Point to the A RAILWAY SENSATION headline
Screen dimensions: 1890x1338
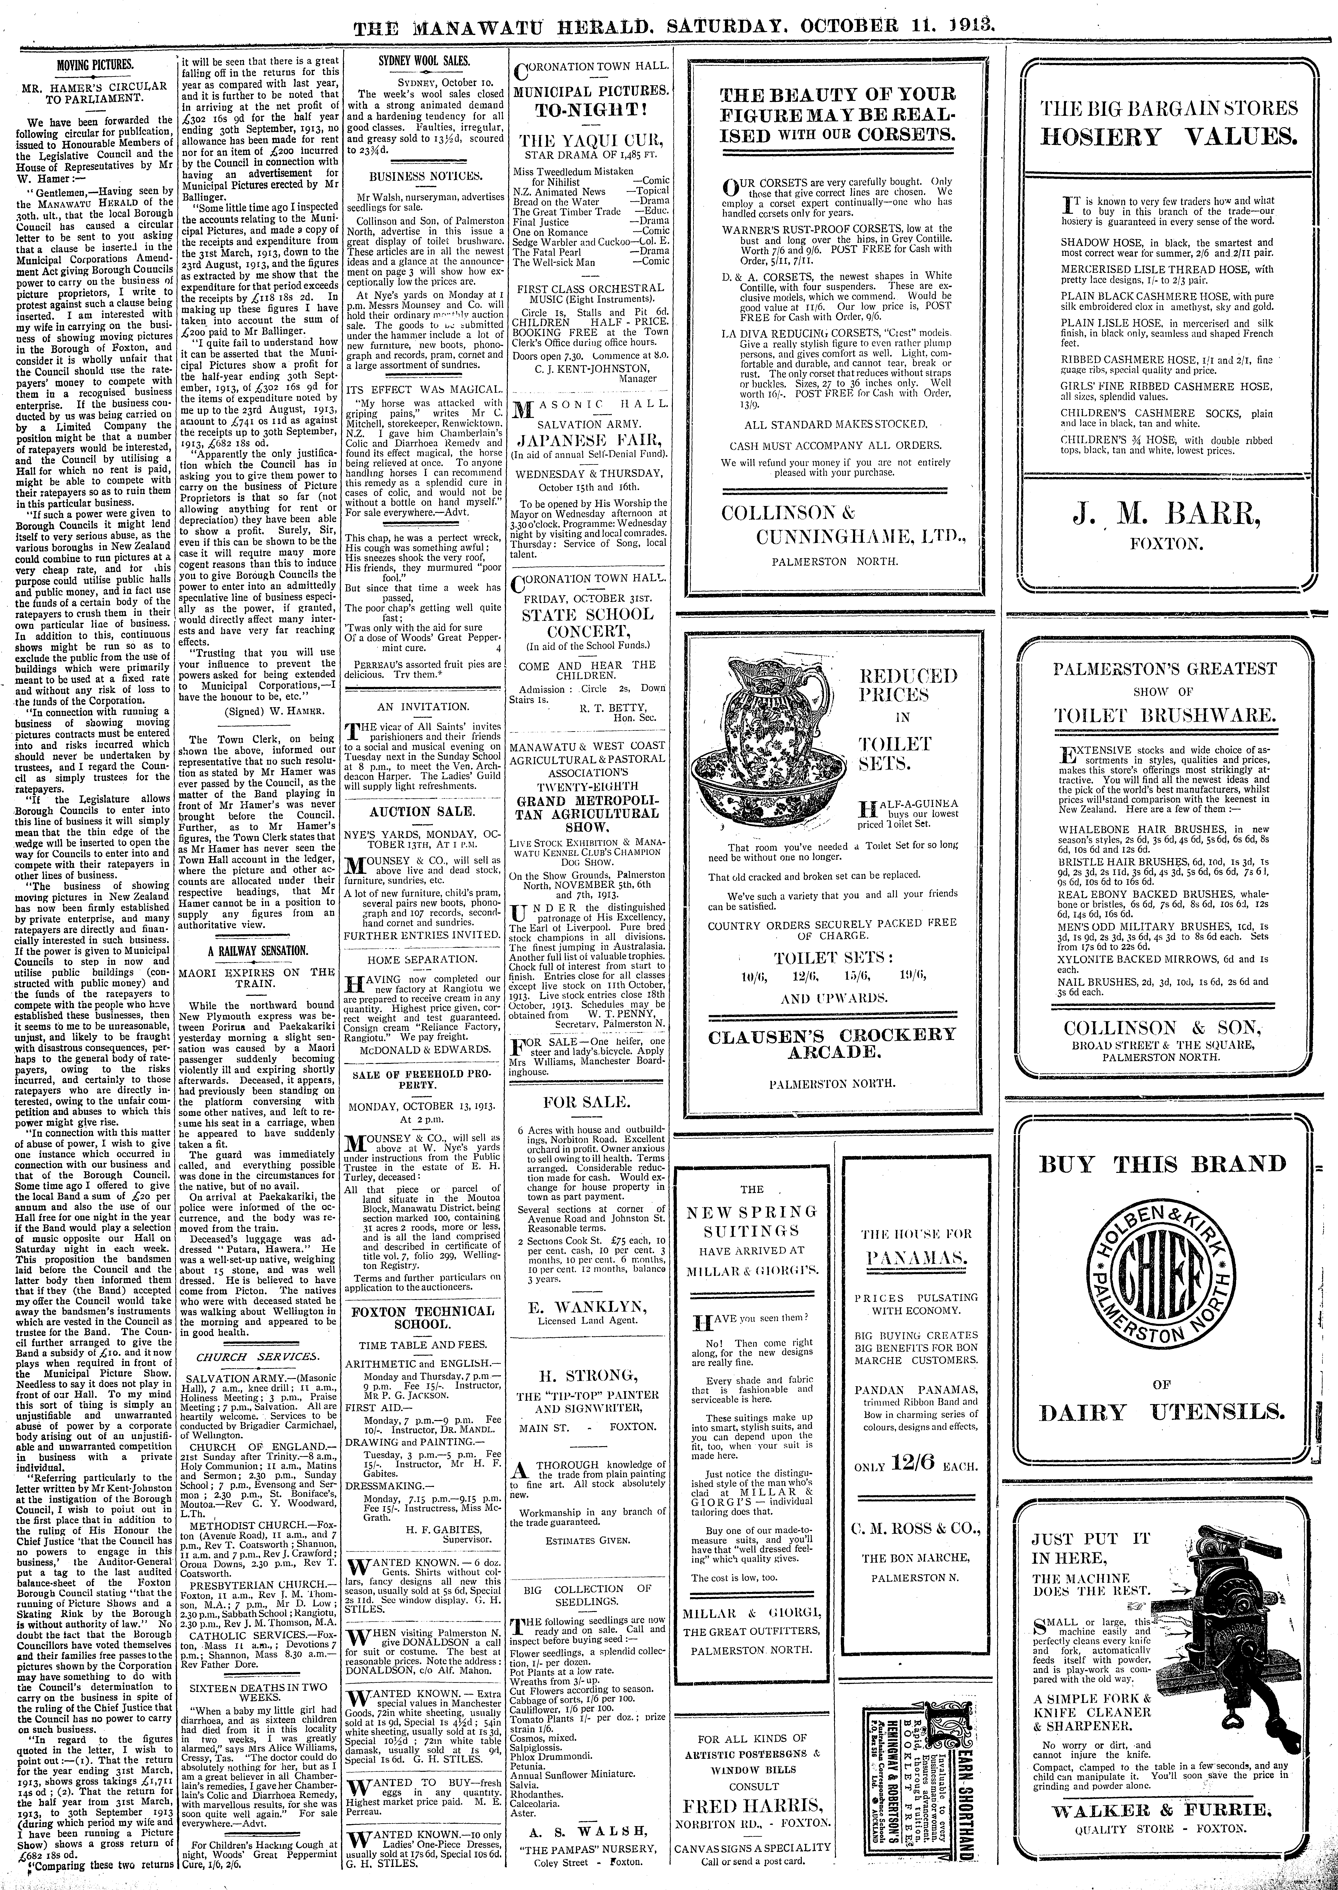[x=257, y=951]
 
